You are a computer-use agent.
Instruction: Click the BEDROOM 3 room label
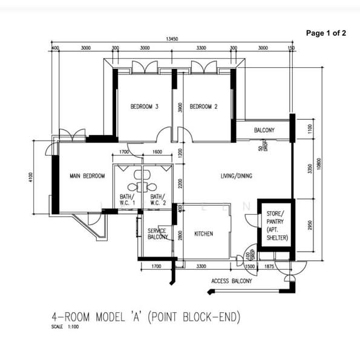coord(145,107)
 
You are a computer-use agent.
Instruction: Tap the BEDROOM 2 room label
coord(203,107)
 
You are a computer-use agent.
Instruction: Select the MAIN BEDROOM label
coord(87,176)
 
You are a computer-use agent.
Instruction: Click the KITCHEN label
coord(203,234)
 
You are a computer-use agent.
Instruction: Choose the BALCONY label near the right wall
coord(264,130)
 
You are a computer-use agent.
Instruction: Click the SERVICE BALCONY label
coord(158,234)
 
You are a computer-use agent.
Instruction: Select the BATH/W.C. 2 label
coord(157,200)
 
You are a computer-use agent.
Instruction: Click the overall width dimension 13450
coord(171,39)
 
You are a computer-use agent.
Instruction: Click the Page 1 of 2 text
coord(326,33)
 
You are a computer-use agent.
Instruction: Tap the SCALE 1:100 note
coord(66,326)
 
